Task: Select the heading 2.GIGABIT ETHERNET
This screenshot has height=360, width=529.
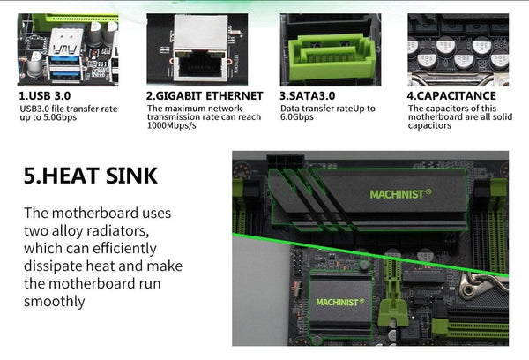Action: pos(205,95)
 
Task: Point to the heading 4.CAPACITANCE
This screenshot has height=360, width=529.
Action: pos(451,95)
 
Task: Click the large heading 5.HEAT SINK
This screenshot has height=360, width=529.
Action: pos(91,176)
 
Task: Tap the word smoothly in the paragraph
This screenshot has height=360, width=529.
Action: pos(55,301)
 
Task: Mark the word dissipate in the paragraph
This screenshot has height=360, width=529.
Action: pos(56,266)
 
